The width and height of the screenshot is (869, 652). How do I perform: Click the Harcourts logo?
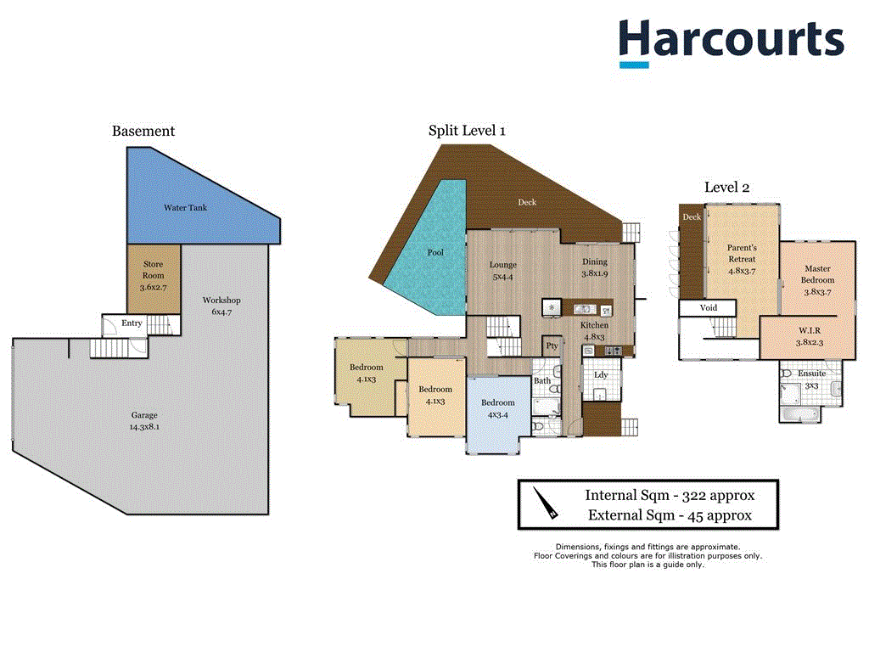click(730, 42)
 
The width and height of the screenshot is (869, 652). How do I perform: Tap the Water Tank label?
click(185, 207)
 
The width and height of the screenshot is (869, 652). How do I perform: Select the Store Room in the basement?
click(153, 276)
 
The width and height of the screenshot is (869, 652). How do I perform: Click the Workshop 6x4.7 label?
click(221, 306)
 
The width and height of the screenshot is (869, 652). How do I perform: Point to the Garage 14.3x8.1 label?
click(144, 421)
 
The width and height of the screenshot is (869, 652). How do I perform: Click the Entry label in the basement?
click(132, 323)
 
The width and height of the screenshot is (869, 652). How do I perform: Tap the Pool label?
click(435, 252)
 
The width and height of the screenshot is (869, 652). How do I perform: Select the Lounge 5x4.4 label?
click(503, 270)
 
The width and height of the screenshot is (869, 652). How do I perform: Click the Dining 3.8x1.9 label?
click(594, 267)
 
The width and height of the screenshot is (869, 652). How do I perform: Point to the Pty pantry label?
click(552, 346)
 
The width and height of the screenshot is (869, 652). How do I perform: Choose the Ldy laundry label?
click(601, 374)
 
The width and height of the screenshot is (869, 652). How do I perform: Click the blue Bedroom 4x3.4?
click(497, 407)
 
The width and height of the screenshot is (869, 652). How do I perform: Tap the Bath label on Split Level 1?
click(542, 380)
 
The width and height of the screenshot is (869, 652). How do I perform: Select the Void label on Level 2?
click(709, 307)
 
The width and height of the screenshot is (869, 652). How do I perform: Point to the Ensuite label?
click(811, 374)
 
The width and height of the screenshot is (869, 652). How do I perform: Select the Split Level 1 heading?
click(467, 131)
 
